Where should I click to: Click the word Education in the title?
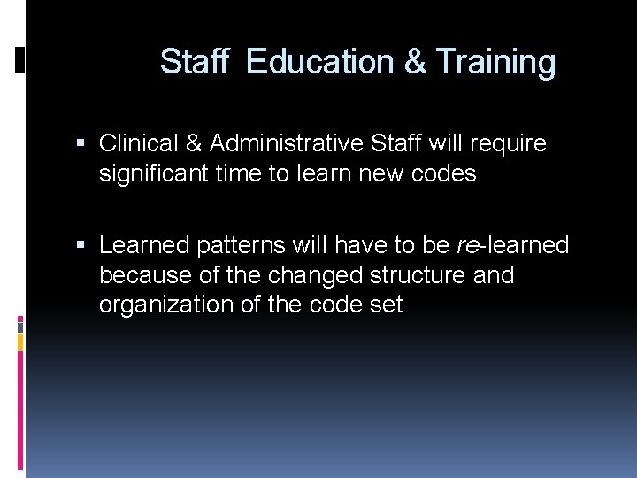pyautogui.click(x=320, y=62)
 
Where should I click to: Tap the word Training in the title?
pyautogui.click(x=495, y=62)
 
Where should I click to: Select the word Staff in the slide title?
pyautogui.click(x=195, y=62)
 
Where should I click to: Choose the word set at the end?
pyautogui.click(x=386, y=305)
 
